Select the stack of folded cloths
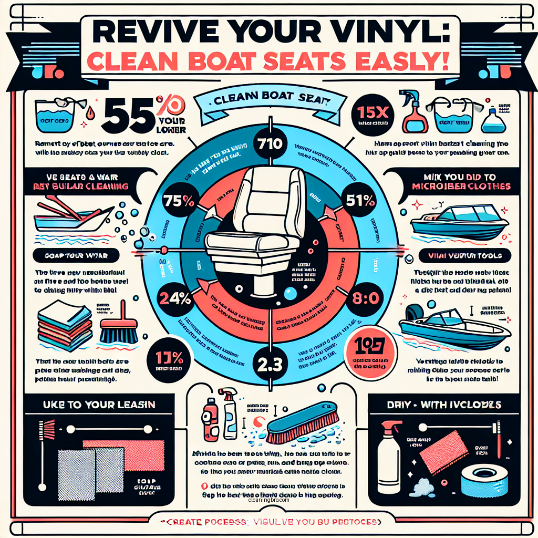(x=60, y=328)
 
